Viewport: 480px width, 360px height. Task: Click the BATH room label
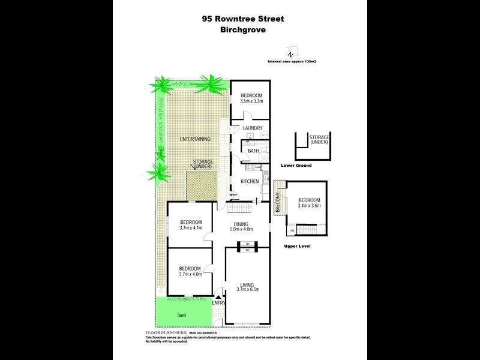[x=254, y=151]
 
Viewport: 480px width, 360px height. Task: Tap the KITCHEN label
[x=250, y=181]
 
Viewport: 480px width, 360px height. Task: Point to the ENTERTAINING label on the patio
[x=195, y=139]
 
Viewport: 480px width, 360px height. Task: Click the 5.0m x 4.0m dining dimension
[x=243, y=229]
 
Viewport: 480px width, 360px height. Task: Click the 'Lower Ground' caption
[x=296, y=165]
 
